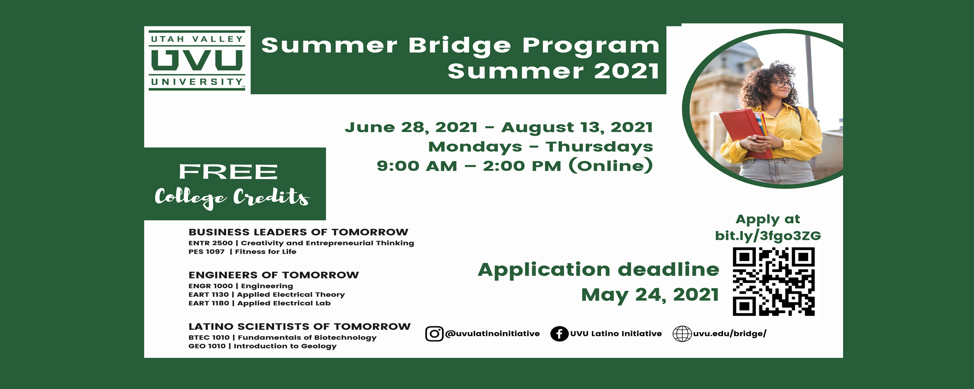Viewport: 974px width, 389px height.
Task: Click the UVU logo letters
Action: pyautogui.click(x=197, y=60)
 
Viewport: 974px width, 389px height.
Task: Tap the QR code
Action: pyautogui.click(x=774, y=282)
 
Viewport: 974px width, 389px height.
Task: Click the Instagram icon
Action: pyautogui.click(x=434, y=334)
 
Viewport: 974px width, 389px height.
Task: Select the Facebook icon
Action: pyautogui.click(x=559, y=334)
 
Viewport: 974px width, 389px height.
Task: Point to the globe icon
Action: pyautogui.click(x=682, y=334)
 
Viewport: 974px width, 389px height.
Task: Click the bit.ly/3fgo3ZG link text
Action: pyautogui.click(x=768, y=236)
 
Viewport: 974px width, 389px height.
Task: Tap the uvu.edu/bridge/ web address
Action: pyautogui.click(x=730, y=334)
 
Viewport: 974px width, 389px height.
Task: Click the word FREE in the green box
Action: pyautogui.click(x=228, y=172)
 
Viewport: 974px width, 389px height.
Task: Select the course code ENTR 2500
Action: pyautogui.click(x=210, y=243)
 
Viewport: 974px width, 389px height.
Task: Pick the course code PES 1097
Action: pyautogui.click(x=206, y=252)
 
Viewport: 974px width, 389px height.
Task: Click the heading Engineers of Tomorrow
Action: pyautogui.click(x=273, y=275)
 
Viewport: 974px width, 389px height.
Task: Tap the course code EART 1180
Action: pyautogui.click(x=209, y=303)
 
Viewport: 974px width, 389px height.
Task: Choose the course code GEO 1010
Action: pyautogui.click(x=207, y=346)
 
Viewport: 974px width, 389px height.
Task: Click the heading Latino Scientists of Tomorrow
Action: pyautogui.click(x=300, y=326)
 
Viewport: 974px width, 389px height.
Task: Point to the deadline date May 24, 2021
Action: pyautogui.click(x=650, y=294)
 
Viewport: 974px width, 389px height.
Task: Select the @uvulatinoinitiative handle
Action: pyautogui.click(x=492, y=334)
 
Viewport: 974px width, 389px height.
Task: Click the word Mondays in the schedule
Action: pyautogui.click(x=475, y=147)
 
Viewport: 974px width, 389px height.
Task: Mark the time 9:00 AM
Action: pyautogui.click(x=417, y=166)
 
